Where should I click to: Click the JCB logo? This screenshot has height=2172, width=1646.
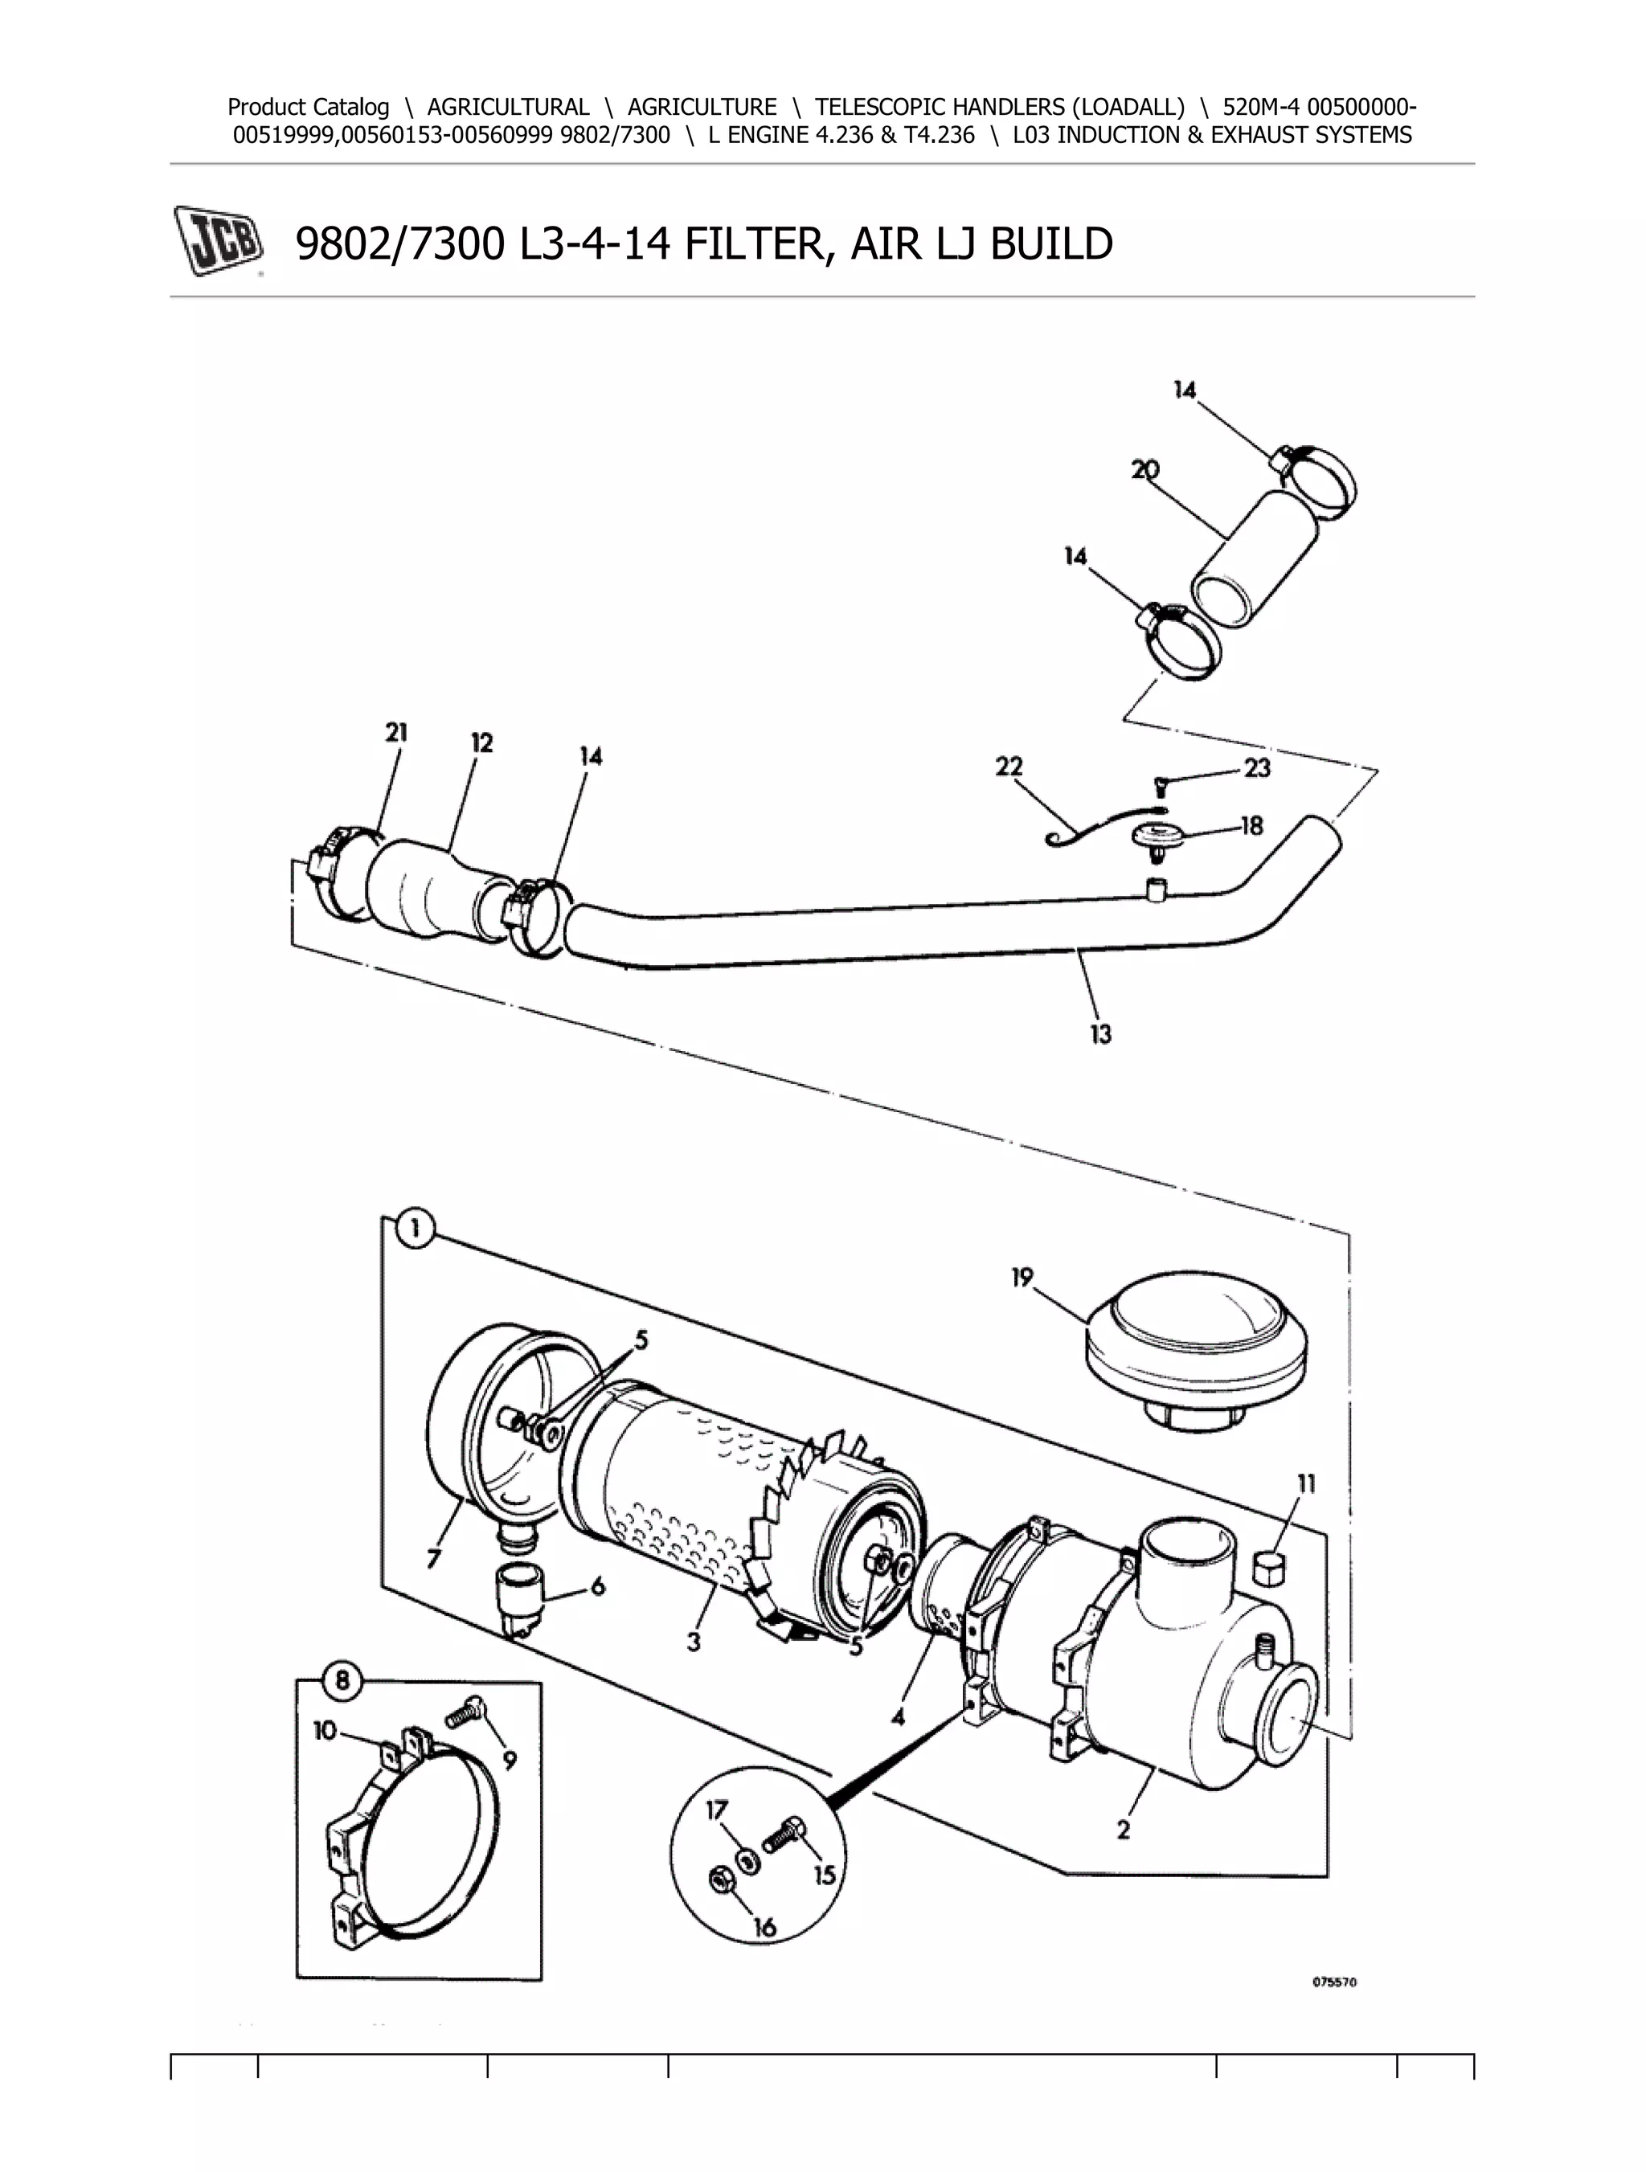(218, 239)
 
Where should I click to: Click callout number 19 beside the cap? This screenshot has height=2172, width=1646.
(1022, 1278)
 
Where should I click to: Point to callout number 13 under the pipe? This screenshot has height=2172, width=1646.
(1100, 1033)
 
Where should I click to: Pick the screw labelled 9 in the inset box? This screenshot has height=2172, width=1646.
(463, 1713)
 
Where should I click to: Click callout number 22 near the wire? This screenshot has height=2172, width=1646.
(1009, 766)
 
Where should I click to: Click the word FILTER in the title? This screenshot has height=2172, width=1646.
(752, 243)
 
